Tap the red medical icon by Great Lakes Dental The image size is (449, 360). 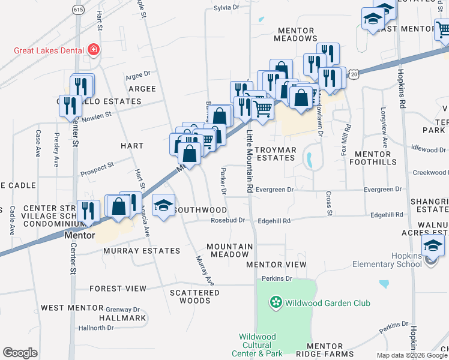click(93, 50)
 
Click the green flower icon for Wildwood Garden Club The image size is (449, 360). click(276, 302)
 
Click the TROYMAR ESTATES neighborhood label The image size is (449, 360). click(274, 154)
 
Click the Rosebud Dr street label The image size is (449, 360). click(228, 221)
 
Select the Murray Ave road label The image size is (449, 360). click(204, 270)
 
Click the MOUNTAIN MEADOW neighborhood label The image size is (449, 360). click(230, 250)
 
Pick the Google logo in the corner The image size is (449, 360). click(20, 353)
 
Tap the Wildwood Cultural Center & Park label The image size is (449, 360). click(261, 345)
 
